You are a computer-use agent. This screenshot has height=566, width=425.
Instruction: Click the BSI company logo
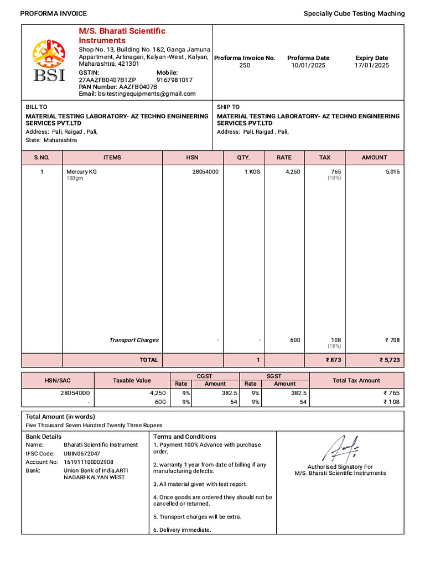click(x=49, y=61)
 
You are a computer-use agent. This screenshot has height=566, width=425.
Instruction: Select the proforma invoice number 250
click(x=245, y=65)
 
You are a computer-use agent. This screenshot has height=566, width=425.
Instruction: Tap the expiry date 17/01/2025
click(x=371, y=65)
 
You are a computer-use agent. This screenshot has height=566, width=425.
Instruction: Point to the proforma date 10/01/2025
click(x=308, y=65)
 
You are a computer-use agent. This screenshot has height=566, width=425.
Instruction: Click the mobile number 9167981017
click(x=174, y=80)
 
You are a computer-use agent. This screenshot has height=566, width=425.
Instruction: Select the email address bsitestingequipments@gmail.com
click(x=147, y=94)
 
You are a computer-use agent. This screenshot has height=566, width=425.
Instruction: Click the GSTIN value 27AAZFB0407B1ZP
click(x=107, y=80)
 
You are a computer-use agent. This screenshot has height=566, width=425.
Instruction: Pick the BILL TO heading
click(x=37, y=107)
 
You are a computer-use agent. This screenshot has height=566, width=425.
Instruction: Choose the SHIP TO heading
click(x=228, y=107)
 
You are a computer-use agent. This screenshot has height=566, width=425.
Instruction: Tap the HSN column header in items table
click(x=192, y=158)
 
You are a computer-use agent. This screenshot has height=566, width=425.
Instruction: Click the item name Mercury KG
click(x=81, y=172)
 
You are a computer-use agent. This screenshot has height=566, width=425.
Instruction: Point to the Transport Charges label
click(x=134, y=340)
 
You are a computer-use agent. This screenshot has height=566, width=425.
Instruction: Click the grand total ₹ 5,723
click(x=389, y=360)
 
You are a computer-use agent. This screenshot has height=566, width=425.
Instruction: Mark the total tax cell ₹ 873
click(x=330, y=360)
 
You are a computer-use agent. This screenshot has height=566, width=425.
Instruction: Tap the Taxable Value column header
click(x=132, y=380)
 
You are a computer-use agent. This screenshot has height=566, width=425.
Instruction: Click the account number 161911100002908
click(x=89, y=462)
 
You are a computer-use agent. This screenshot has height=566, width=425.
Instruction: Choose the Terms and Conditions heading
click(x=185, y=437)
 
